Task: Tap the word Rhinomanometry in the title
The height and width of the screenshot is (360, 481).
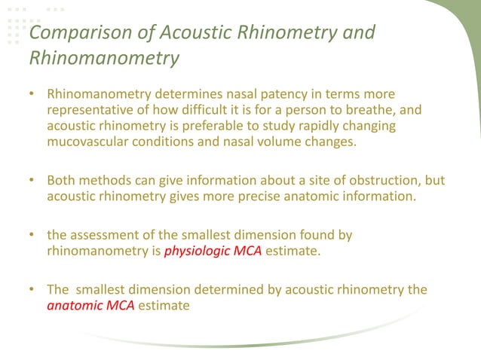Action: point(104,58)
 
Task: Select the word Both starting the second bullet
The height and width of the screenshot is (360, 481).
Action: point(61,181)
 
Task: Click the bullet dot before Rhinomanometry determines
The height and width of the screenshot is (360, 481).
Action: point(32,96)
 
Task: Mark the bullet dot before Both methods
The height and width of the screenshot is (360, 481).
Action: point(32,181)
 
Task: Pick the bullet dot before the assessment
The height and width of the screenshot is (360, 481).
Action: point(32,236)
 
